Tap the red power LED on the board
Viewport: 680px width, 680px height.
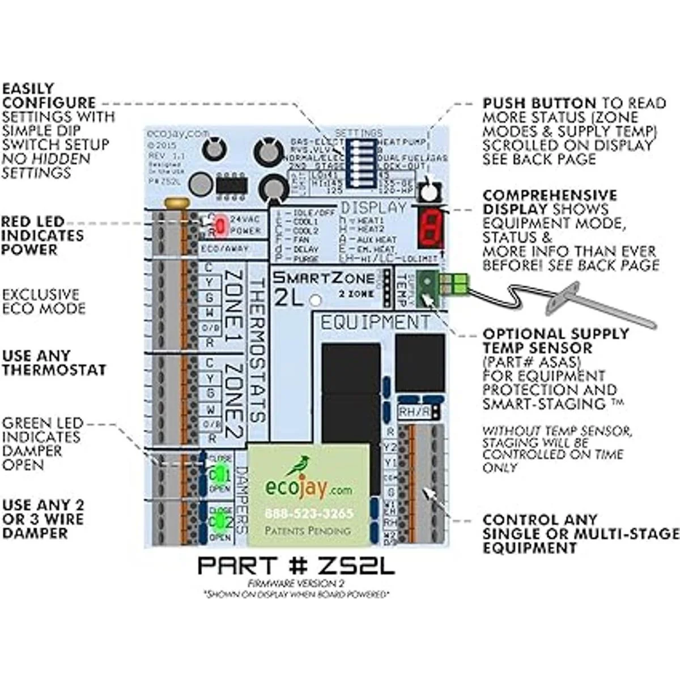point(221,226)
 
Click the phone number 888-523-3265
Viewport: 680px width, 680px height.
point(309,513)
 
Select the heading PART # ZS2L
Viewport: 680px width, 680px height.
point(296,566)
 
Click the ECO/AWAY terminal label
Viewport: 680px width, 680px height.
point(224,249)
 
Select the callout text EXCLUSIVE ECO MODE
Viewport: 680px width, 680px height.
point(43,301)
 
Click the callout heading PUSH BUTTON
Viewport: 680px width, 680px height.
point(539,104)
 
